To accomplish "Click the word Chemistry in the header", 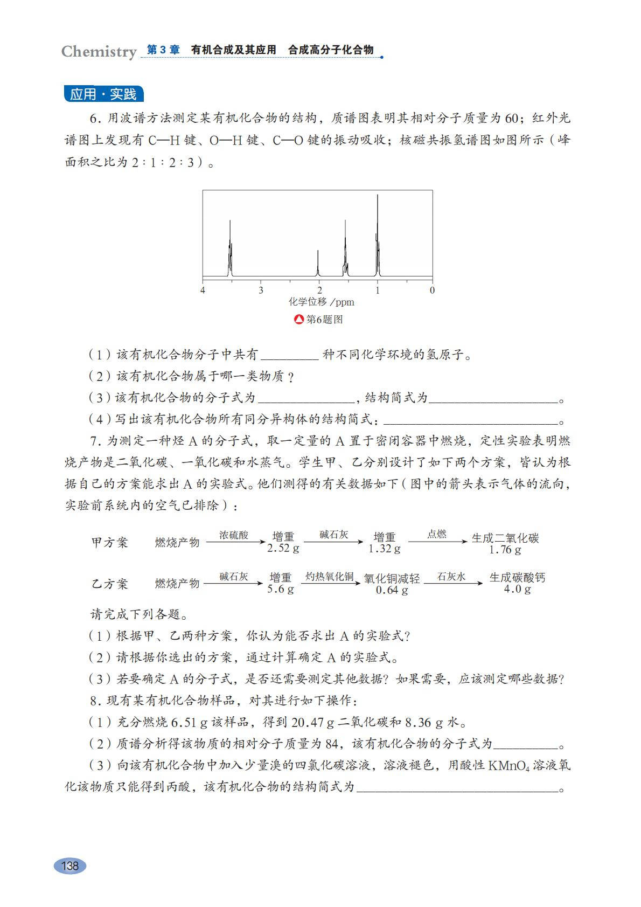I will (x=99, y=52).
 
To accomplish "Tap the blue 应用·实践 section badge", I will (x=103, y=94).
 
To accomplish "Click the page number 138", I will (x=70, y=866).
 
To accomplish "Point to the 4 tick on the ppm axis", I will (x=203, y=290).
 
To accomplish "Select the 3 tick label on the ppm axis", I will (x=261, y=290).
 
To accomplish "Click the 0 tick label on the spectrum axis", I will (x=432, y=290).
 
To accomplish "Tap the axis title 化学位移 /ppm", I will (x=321, y=302).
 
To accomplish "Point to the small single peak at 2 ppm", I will (x=318, y=264).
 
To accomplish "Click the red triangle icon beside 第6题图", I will (x=299, y=320).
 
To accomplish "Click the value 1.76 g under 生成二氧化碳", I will (x=505, y=550).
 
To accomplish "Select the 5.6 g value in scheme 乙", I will (x=281, y=589).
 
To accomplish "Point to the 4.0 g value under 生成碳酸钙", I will (x=517, y=589).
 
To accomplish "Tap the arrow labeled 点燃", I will (x=437, y=541).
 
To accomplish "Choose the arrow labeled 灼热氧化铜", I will (x=330, y=583).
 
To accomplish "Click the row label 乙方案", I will (x=110, y=584).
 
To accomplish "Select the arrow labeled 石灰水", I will (x=452, y=583).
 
